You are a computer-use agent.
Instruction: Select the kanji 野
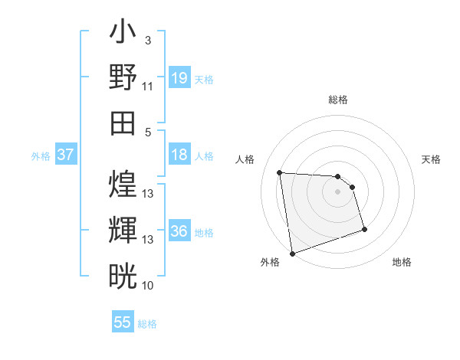pos(123,77)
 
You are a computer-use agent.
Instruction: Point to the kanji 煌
pos(123,184)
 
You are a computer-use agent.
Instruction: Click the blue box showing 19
pos(179,77)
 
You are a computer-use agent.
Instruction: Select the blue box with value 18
pos(179,155)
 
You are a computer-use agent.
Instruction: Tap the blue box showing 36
pos(179,231)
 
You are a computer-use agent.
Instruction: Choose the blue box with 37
pos(65,155)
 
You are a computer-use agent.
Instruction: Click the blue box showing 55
pos(123,322)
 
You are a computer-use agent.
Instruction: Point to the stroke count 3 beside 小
pos(147,40)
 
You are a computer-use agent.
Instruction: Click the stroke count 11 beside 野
pos(148,86)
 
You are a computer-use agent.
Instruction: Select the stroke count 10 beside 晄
pos(148,285)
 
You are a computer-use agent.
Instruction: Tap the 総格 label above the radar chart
pos(338,100)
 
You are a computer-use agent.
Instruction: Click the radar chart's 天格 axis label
pos(431,159)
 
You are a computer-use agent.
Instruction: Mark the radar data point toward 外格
pos(292,253)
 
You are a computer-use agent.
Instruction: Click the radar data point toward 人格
pos(280,172)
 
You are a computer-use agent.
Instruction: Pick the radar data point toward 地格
pos(364,229)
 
